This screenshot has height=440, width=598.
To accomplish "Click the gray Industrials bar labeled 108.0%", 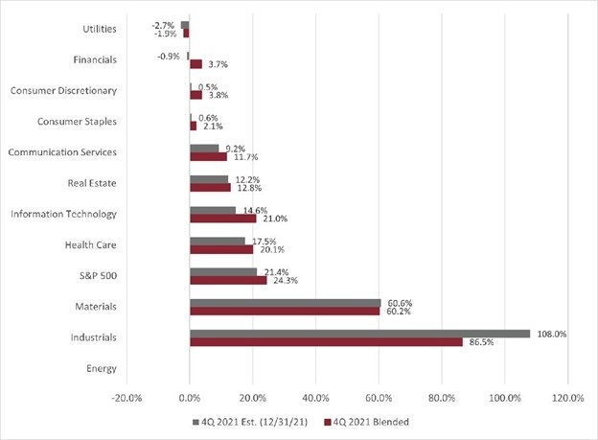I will tap(359, 334).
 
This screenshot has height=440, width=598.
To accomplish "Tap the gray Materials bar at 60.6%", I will tap(285, 303).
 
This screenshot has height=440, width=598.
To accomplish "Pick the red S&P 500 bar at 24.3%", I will tap(228, 281).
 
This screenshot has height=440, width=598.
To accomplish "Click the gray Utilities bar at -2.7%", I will tap(185, 25).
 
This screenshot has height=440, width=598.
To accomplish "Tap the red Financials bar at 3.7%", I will tap(195, 64).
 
